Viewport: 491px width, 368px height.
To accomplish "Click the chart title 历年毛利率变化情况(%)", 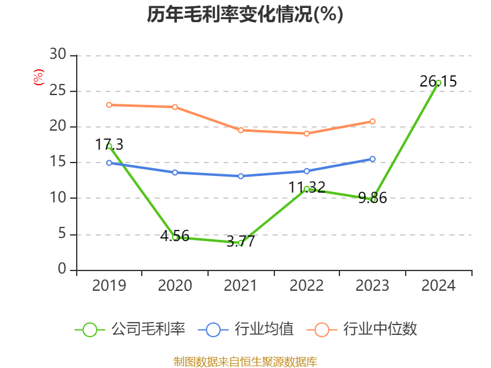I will (245, 15).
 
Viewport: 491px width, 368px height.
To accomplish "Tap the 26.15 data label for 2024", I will (438, 81).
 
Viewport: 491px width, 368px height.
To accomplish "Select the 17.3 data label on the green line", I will (109, 145).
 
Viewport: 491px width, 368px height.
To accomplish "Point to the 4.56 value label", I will (175, 236).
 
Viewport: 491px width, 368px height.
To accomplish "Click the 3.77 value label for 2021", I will (241, 242).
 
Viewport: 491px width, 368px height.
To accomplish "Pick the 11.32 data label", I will (307, 187).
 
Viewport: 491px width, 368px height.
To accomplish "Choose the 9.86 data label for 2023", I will (373, 198).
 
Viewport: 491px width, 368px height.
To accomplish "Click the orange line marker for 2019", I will (109, 105).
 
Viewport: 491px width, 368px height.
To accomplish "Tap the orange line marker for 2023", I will (373, 121).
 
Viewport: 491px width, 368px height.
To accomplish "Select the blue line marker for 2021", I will (241, 176).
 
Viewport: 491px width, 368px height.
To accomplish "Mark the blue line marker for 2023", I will (373, 159).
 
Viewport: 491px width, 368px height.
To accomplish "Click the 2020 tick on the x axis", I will (175, 286).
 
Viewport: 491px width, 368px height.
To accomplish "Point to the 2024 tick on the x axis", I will (438, 286).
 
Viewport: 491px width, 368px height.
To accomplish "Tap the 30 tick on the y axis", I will (58, 55).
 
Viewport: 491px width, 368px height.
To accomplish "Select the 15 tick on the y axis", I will (58, 163).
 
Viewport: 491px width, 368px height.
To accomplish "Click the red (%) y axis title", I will (38, 77).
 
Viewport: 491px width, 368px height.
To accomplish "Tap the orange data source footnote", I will (245, 361).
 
